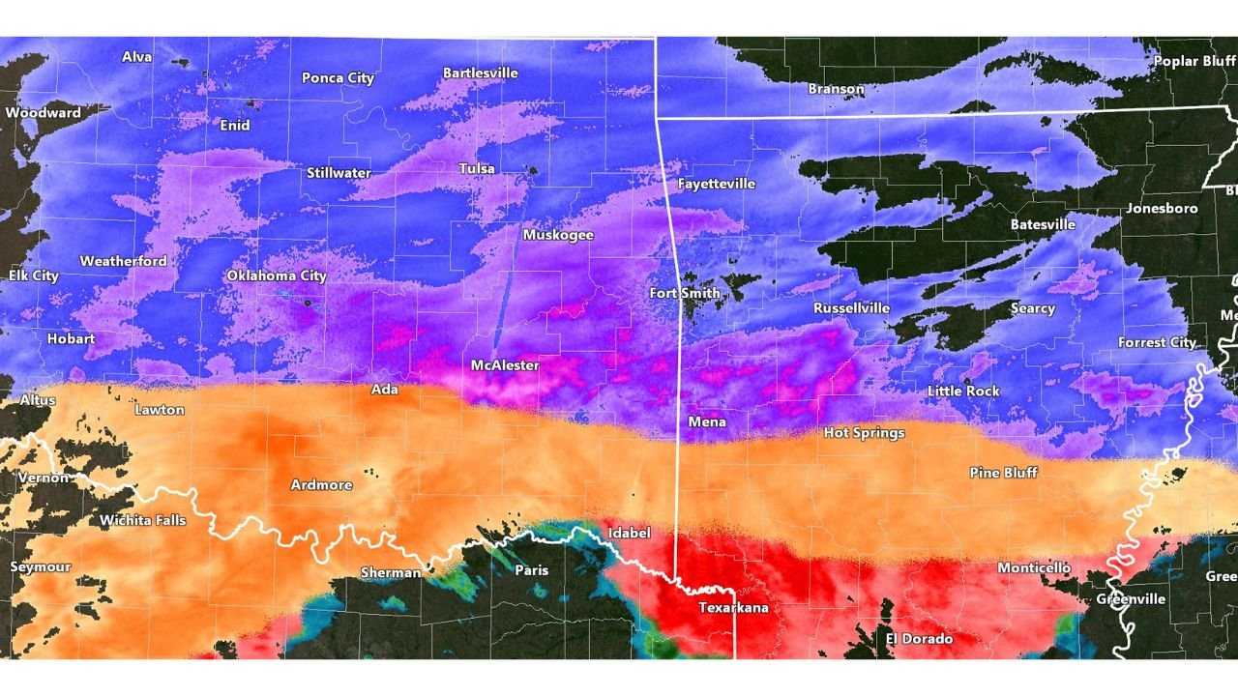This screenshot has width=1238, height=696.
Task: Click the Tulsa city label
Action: coord(477,168)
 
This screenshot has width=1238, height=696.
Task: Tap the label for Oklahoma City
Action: coord(277,275)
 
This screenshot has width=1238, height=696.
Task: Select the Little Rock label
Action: coord(963,391)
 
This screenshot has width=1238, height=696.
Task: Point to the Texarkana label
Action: coord(733,608)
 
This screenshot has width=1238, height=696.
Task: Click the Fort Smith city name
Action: coord(684,293)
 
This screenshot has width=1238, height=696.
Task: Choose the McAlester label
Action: coord(505,365)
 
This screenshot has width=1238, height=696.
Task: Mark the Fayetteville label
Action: coord(717,183)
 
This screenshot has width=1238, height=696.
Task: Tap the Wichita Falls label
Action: coord(143,520)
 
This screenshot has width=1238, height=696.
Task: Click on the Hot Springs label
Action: coord(864,432)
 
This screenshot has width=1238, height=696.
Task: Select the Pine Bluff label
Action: coord(1003,472)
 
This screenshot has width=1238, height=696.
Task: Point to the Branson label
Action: coord(836,89)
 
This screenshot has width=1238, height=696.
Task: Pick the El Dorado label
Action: coord(919,639)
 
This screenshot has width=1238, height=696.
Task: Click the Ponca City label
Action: coord(338,78)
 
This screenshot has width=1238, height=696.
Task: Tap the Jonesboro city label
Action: coord(1161,208)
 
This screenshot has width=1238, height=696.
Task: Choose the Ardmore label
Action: coord(321,484)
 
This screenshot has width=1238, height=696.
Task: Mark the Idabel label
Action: coord(629,533)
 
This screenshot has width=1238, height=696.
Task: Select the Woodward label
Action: coord(43,113)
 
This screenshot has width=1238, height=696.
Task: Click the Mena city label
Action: coord(706,421)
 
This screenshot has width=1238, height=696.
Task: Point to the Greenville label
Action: coord(1130,598)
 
